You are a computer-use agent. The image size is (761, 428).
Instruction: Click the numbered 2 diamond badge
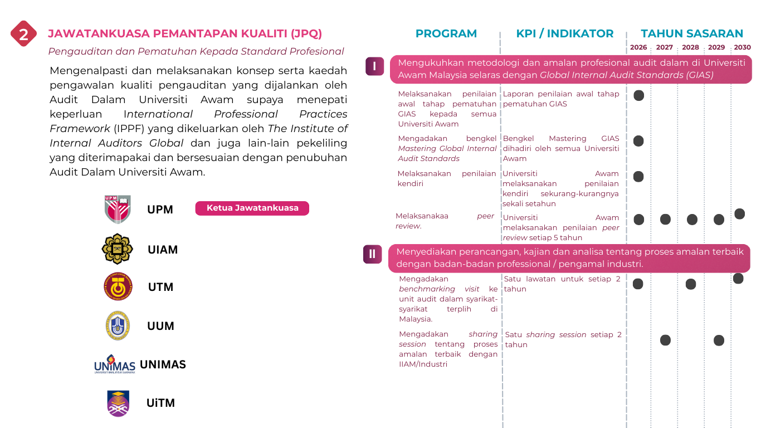23,35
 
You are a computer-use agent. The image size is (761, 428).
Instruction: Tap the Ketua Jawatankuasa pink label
252,208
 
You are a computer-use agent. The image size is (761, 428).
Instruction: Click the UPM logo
118,210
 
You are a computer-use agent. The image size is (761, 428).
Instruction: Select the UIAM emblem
118,249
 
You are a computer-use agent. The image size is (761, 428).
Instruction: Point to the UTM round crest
118,286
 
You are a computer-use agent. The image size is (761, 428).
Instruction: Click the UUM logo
118,325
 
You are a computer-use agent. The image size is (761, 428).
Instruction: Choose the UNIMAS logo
115,364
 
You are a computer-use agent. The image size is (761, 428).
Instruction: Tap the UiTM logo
118,403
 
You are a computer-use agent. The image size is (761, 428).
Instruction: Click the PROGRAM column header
446,33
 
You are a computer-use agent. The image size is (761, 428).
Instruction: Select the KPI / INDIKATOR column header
564,33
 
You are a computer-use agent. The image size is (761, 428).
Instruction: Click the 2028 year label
690,47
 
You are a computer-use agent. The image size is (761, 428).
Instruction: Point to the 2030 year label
742,47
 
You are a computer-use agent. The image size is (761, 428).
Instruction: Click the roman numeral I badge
374,66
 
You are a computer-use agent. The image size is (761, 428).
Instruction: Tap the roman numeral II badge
372,254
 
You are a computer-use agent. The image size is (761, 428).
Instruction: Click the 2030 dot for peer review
739,214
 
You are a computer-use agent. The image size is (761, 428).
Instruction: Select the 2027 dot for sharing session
665,340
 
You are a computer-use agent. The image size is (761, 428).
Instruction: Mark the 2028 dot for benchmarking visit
691,284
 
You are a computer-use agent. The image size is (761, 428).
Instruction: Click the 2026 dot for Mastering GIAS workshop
638,141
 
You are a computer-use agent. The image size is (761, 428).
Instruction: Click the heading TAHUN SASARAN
692,33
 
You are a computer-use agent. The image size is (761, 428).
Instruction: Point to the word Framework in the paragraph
80,129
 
